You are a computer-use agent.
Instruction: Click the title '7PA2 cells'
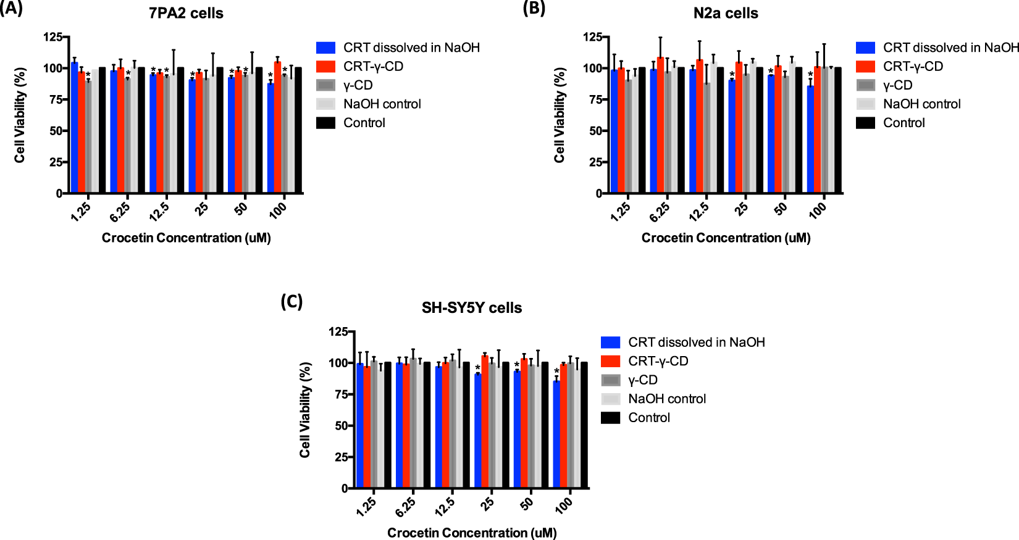coord(186,13)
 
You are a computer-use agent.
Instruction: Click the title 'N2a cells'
coord(726,13)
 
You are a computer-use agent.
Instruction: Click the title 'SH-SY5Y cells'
coord(472,307)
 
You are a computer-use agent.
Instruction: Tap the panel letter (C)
coord(291,301)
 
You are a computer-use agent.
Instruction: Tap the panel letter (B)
coord(534,8)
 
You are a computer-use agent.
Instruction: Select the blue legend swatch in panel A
coord(325,48)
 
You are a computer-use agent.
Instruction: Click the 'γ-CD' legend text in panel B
coord(897,85)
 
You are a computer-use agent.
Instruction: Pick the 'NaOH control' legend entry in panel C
coord(667,399)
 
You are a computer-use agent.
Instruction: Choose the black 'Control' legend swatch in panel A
coord(325,123)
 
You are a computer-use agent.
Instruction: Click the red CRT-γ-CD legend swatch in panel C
coord(610,361)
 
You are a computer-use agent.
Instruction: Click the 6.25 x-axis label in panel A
coord(120,211)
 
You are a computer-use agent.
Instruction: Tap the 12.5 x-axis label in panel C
coord(445,506)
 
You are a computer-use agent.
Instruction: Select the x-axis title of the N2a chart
coord(726,238)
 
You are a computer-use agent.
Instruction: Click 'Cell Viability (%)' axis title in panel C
coord(304,410)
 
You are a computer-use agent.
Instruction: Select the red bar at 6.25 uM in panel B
coord(660,125)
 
